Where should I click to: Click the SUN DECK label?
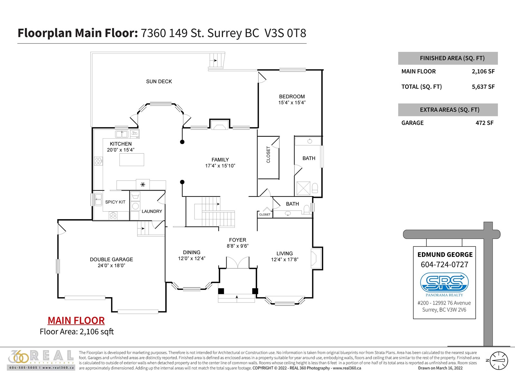coord(159,81)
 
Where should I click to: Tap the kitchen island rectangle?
coord(132,159)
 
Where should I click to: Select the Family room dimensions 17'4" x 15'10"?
coord(220,166)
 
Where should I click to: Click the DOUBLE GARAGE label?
coord(111,260)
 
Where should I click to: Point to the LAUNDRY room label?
coord(152,211)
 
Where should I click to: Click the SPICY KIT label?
coord(115,202)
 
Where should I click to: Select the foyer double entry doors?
coord(238,262)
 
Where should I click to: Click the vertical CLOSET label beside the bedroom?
coord(268,154)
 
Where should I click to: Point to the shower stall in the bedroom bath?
coord(303,188)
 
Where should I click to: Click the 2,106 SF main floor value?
coord(483,71)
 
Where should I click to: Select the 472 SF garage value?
coord(484,123)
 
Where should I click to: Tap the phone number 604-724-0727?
coord(445,264)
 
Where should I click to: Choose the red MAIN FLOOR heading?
coord(76,320)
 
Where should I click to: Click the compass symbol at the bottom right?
coord(498,361)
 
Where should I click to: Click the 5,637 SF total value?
coord(483,87)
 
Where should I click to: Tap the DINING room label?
coord(192,253)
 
